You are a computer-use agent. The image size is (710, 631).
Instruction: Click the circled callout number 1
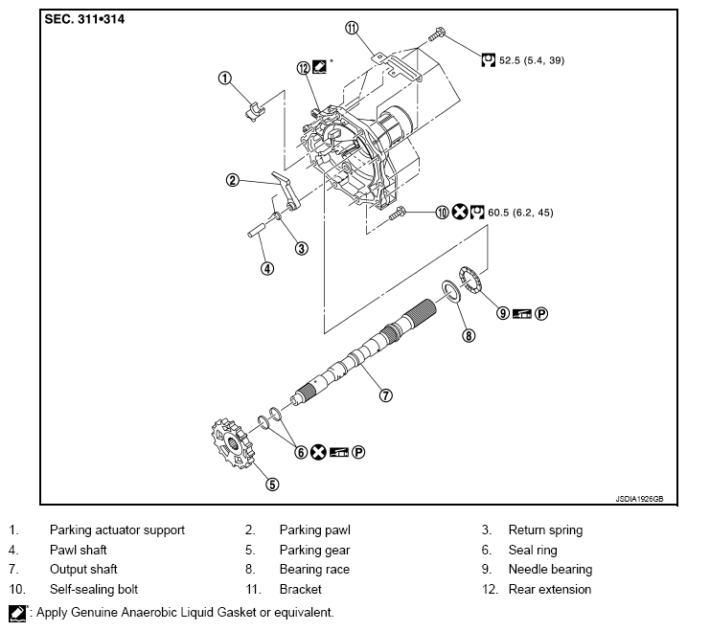(224, 78)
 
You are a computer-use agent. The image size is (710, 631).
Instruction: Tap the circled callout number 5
(272, 485)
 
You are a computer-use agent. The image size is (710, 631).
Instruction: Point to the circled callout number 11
(352, 29)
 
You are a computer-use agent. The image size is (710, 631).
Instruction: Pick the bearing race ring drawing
(449, 291)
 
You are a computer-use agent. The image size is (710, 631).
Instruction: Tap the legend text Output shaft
(83, 570)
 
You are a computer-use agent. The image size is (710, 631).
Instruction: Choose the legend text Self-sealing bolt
(94, 590)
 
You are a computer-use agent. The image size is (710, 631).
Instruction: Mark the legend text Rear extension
(550, 590)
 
